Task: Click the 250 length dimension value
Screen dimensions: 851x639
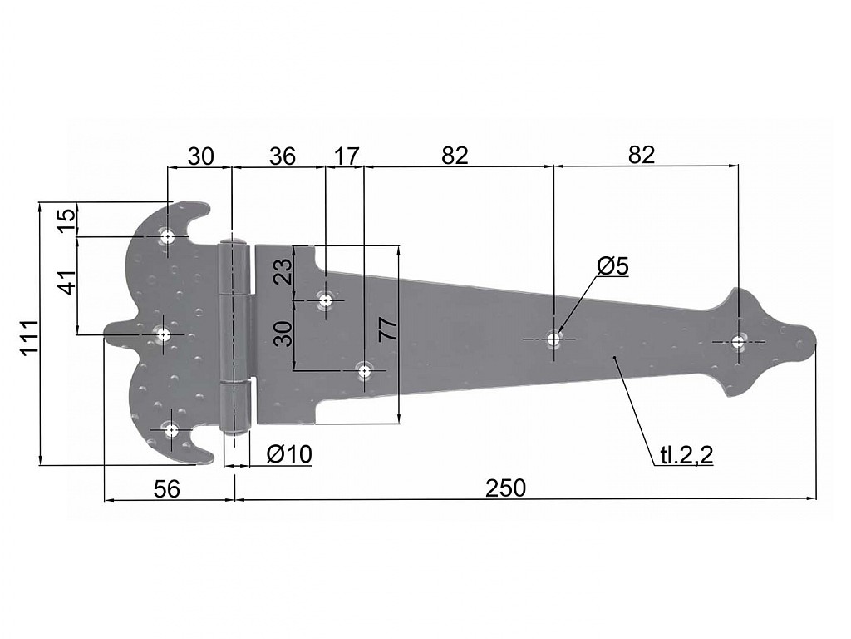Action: point(505,488)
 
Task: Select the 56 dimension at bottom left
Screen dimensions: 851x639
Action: point(166,488)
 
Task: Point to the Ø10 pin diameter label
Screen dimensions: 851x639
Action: point(290,453)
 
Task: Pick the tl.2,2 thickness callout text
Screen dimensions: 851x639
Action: point(686,455)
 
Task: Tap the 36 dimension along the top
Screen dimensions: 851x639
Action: point(283,156)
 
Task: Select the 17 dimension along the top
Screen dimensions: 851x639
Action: point(347,156)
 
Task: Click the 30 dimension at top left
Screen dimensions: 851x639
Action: point(201,156)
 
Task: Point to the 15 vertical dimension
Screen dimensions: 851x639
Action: point(68,220)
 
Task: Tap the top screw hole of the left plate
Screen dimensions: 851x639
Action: point(167,237)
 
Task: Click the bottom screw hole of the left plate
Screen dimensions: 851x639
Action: point(172,430)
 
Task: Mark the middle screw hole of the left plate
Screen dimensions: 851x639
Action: point(164,334)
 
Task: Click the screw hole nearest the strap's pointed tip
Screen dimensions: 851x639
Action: point(738,342)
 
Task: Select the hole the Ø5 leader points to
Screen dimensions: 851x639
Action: point(553,339)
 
